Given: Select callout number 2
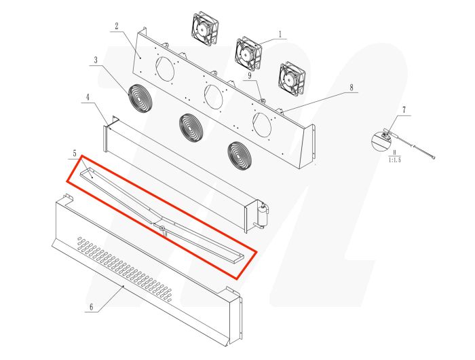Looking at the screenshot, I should (116, 26).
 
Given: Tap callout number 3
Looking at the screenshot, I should (96, 60).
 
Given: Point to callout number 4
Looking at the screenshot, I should (87, 98).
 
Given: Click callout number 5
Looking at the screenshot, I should (76, 154).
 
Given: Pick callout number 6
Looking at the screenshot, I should (91, 306).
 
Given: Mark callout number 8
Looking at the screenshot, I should (351, 87).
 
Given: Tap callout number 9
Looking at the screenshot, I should (249, 77).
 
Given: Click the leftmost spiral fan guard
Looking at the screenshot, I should (140, 99).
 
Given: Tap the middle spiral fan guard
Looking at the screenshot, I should (192, 126).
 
